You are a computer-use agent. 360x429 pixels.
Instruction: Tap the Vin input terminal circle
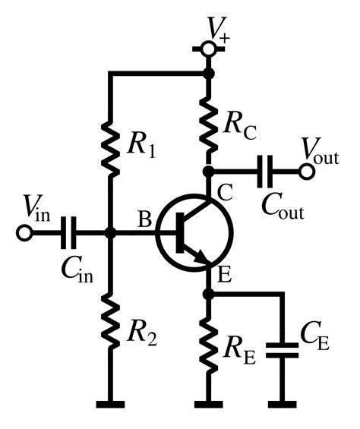pos(24,233)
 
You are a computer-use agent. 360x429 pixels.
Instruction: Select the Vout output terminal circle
pos(307,172)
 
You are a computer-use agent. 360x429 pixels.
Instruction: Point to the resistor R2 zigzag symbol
pos(111,322)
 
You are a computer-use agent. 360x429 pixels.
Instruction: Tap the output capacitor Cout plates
pos(265,172)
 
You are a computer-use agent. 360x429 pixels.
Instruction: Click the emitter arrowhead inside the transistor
pos(201,260)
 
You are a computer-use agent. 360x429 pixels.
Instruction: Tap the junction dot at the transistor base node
pos(111,233)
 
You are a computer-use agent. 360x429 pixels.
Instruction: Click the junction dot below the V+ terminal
pos(207,74)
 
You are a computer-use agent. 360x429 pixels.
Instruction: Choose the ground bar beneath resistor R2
pos(111,402)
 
